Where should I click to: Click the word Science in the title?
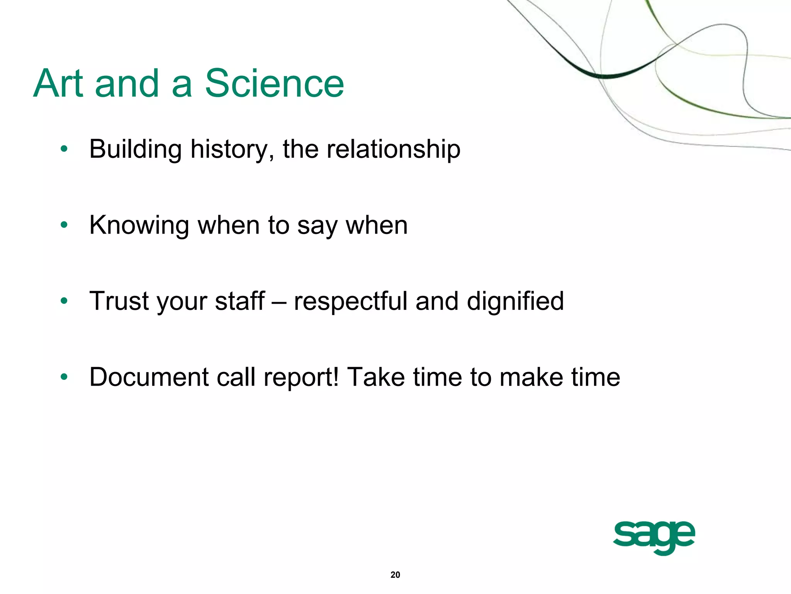coord(274,83)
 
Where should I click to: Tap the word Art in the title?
coord(58,83)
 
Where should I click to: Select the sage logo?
coord(654,537)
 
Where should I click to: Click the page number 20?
coord(395,575)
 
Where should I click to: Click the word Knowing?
coord(139,225)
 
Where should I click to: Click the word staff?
coord(239,301)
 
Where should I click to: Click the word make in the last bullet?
coord(531,377)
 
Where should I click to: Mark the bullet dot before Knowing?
coord(64,225)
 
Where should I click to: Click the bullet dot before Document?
coord(64,377)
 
